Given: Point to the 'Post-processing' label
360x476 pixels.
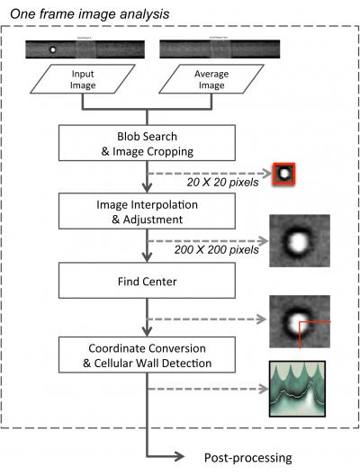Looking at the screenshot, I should coord(247,457).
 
